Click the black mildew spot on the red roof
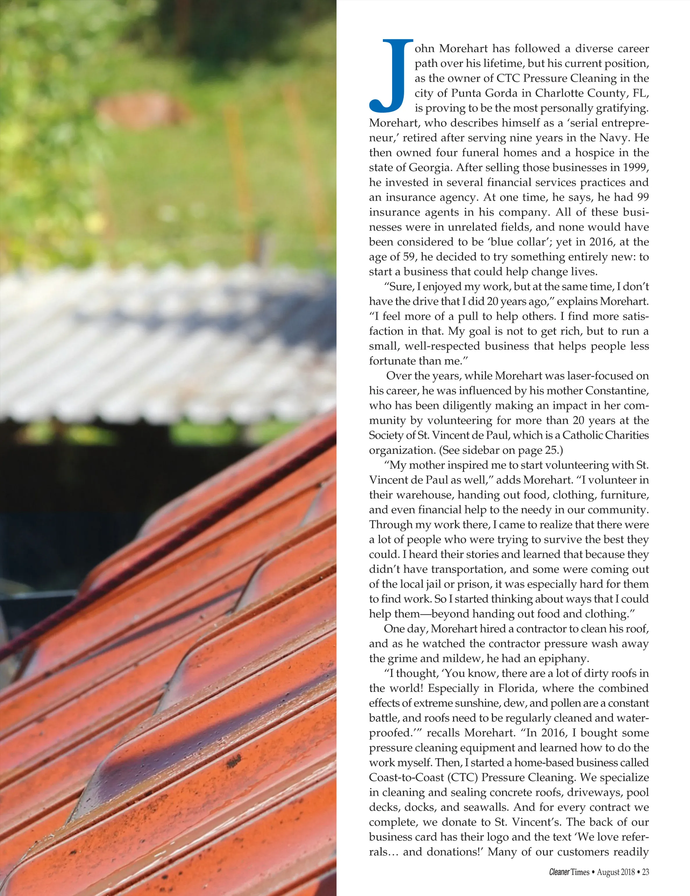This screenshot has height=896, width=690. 234,761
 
